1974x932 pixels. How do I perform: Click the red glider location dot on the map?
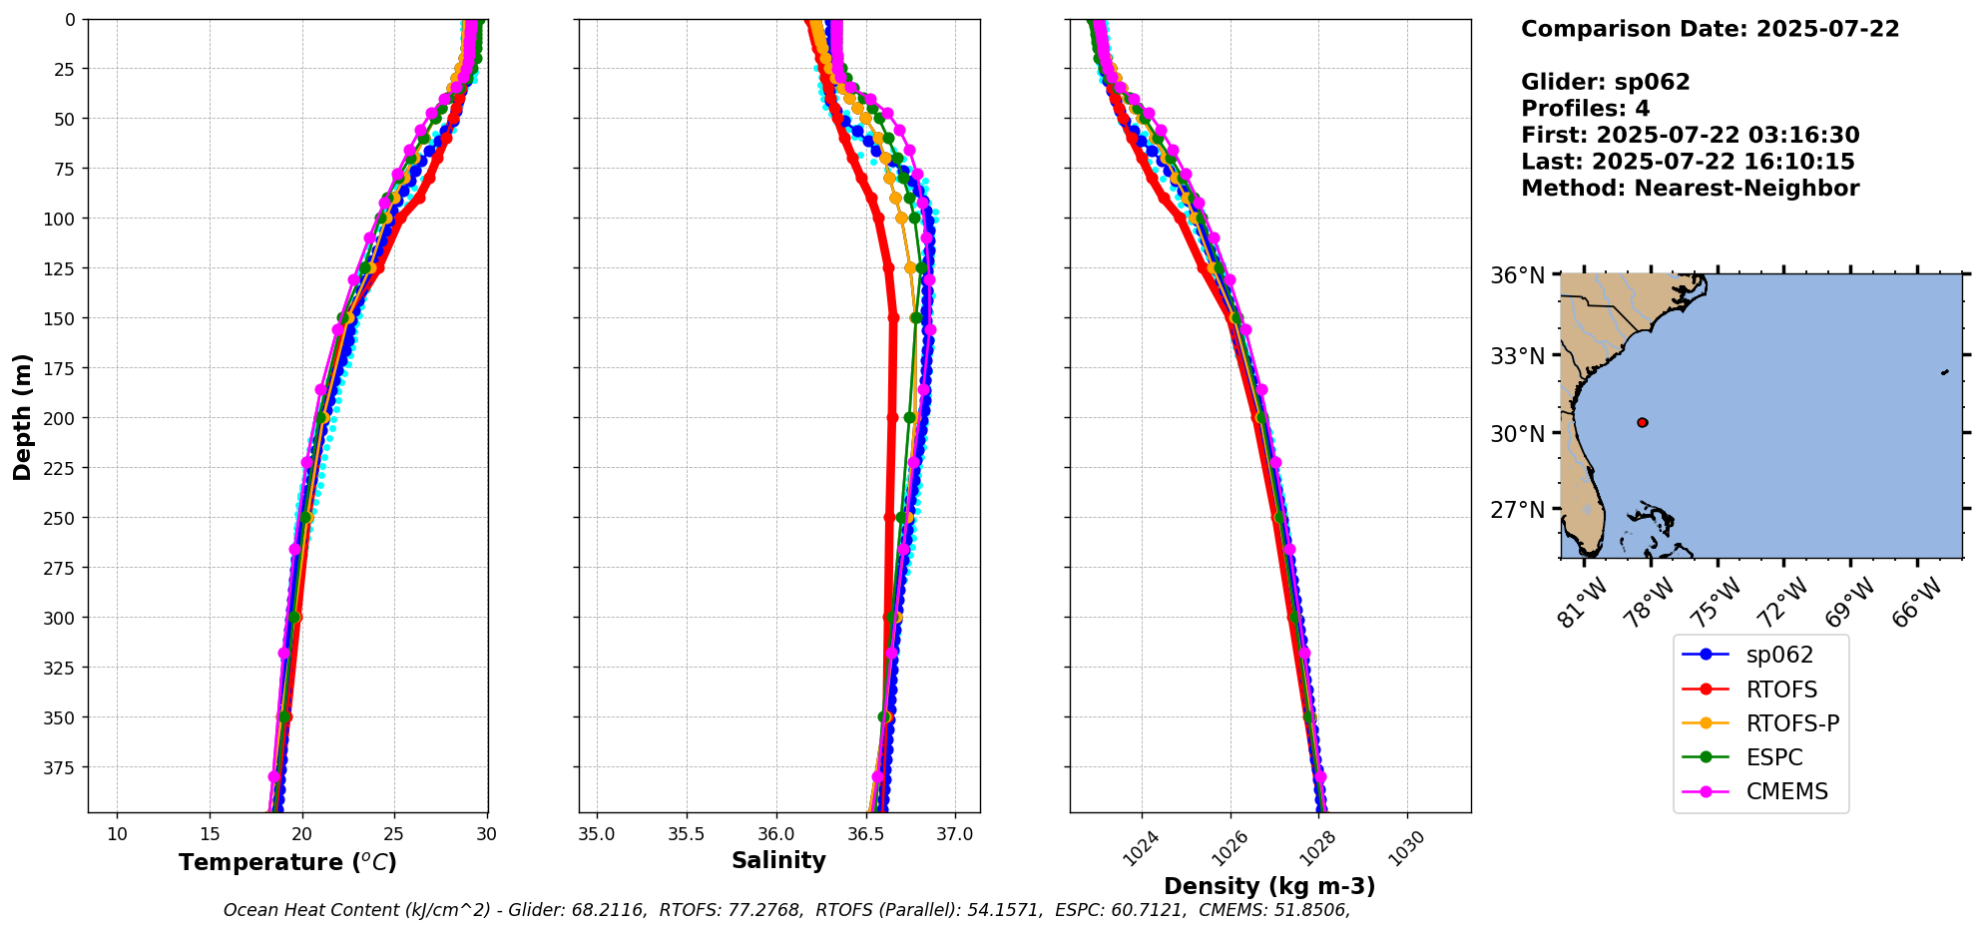click(1643, 422)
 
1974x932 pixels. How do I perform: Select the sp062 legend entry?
click(1778, 655)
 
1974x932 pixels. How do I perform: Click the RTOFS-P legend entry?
click(1791, 723)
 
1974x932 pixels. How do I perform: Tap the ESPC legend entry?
click(1773, 757)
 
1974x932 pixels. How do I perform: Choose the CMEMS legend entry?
click(1786, 791)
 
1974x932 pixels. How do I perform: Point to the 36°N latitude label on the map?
click(1517, 275)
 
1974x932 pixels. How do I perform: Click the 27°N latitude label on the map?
click(1517, 510)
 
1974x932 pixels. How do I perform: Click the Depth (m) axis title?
click(22, 416)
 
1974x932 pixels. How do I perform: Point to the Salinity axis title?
click(778, 860)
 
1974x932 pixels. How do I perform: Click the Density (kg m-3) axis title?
click(1269, 886)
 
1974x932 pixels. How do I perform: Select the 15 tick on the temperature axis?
click(210, 834)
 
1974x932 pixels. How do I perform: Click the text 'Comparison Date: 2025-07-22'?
click(1710, 29)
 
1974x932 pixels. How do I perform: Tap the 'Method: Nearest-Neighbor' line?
click(1690, 189)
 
